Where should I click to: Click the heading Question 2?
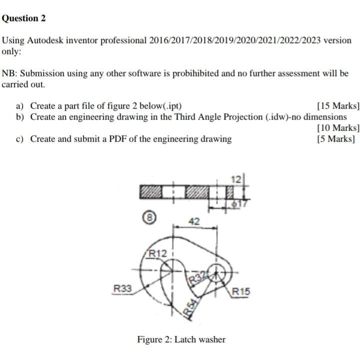click(x=23, y=18)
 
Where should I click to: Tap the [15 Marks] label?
click(x=338, y=106)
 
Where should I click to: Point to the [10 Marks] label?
click(x=338, y=128)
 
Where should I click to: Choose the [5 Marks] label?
click(x=338, y=139)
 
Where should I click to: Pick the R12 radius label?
click(x=158, y=254)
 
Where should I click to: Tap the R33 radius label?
click(x=122, y=288)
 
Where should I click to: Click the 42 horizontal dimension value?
click(x=195, y=221)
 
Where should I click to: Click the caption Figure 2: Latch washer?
click(x=181, y=339)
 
